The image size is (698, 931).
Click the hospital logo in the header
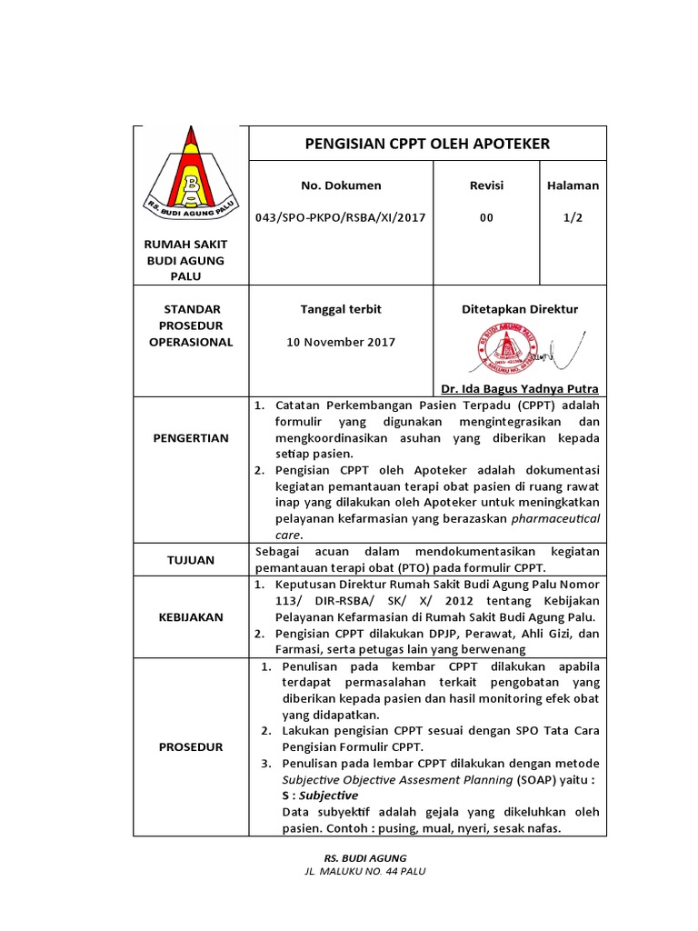[x=189, y=177]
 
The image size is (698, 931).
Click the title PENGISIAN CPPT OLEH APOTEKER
[x=426, y=144]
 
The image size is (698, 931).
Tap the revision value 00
[x=486, y=217]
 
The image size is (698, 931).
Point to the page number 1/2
[x=573, y=217]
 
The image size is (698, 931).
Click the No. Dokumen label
[x=341, y=185]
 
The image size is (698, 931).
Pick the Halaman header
[x=573, y=185]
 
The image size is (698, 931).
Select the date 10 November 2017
[x=341, y=342]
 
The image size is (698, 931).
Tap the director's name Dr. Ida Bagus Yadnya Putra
[x=520, y=388]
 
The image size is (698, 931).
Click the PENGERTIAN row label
[x=191, y=437]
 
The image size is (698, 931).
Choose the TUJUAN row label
[x=191, y=560]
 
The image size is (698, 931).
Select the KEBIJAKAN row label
[x=191, y=616]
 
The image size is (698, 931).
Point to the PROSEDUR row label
[x=191, y=747]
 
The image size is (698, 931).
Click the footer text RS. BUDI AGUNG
[x=365, y=857]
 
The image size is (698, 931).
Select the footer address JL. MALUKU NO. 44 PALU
[x=365, y=871]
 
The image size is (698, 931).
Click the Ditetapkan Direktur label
[x=520, y=309]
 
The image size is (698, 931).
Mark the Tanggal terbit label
[x=341, y=309]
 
